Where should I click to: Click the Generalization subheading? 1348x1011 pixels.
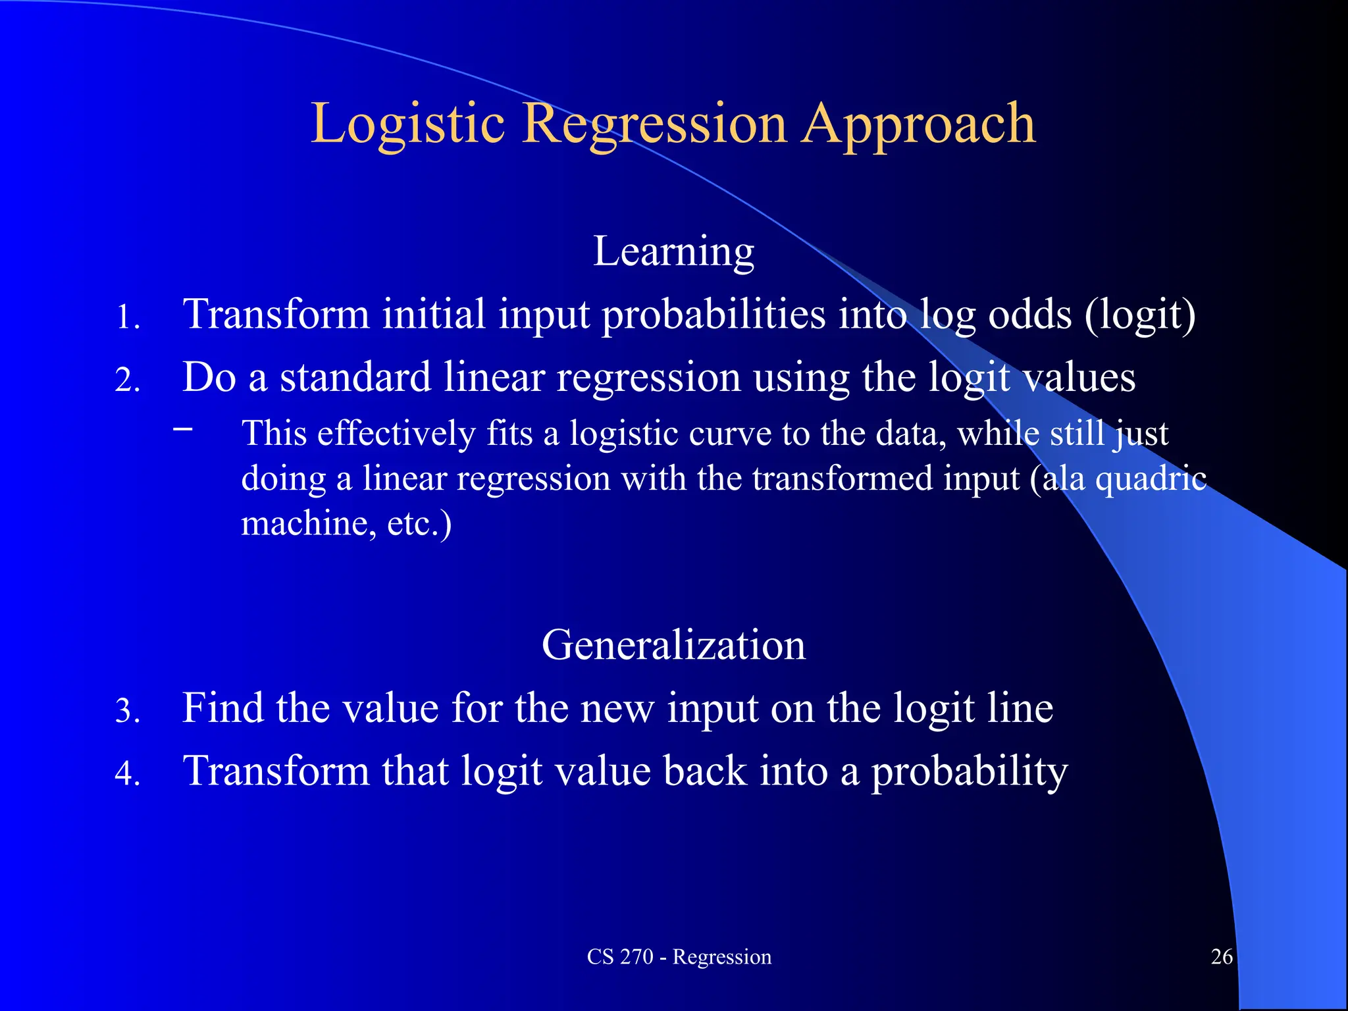pyautogui.click(x=673, y=644)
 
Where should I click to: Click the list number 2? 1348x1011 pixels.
pyautogui.click(x=128, y=380)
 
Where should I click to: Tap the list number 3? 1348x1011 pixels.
pyautogui.click(x=128, y=711)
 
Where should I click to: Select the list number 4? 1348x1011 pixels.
pyautogui.click(x=128, y=773)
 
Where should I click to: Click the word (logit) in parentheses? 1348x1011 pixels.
pyautogui.click(x=1139, y=315)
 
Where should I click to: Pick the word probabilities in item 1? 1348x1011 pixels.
pyautogui.click(x=713, y=315)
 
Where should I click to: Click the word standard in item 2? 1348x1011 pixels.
pyautogui.click(x=355, y=378)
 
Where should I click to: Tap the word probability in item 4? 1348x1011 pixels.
pyautogui.click(x=969, y=771)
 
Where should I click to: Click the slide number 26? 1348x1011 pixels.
pyautogui.click(x=1221, y=956)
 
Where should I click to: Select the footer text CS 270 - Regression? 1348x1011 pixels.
pyautogui.click(x=679, y=956)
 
